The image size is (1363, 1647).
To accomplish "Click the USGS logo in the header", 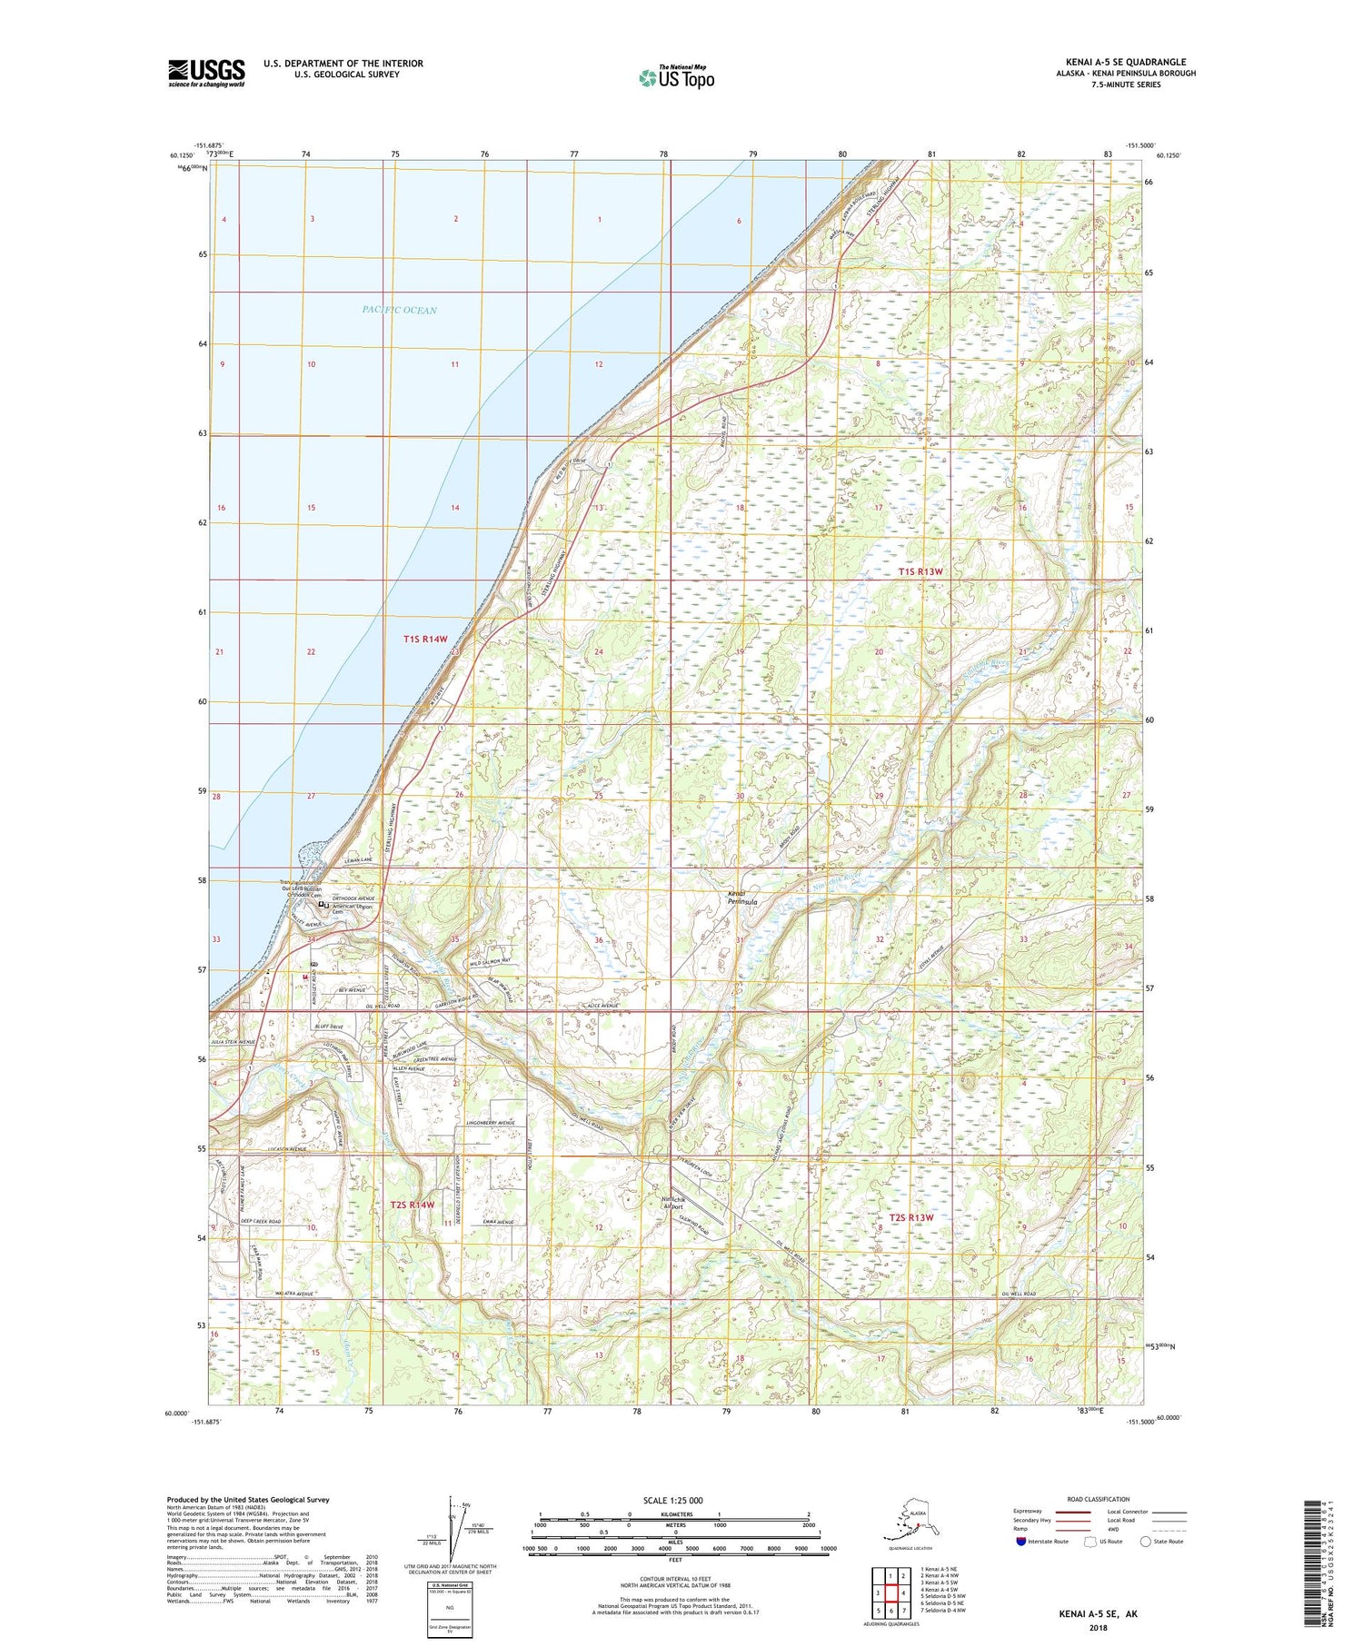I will coord(206,73).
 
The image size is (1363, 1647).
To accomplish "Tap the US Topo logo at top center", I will coord(677,77).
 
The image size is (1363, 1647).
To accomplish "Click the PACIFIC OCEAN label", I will coord(399,311).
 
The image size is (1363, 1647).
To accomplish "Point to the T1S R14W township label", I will coord(425,640).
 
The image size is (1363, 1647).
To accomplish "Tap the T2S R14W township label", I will coord(413,1205).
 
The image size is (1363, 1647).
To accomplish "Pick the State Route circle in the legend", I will coord(1146,1542).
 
